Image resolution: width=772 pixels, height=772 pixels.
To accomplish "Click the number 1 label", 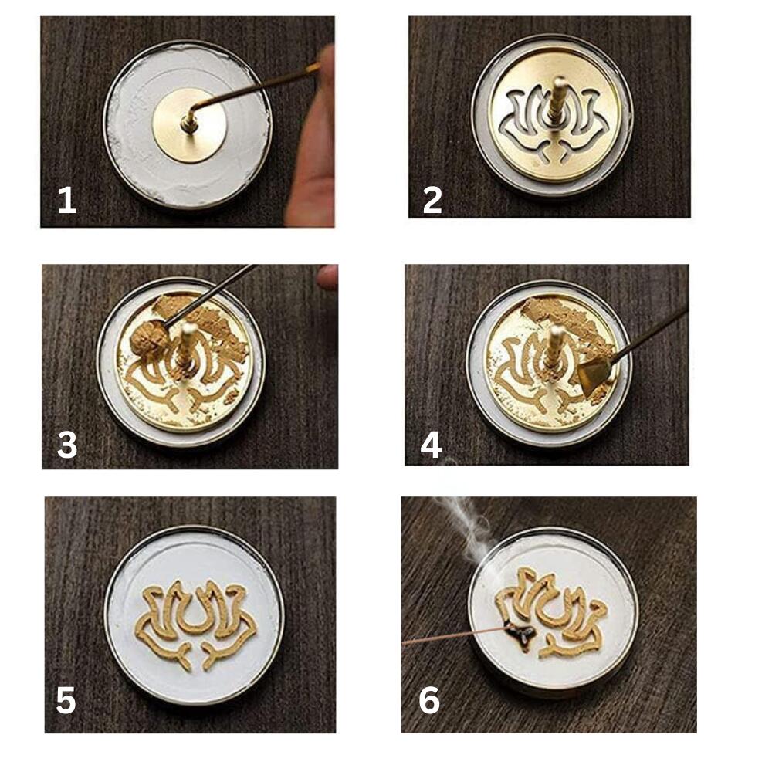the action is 67,201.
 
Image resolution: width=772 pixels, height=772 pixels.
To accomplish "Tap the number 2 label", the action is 432,201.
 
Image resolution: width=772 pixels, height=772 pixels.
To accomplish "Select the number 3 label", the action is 67,445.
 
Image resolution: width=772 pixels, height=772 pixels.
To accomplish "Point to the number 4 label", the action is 431,445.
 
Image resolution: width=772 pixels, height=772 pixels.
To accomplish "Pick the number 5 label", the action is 66,701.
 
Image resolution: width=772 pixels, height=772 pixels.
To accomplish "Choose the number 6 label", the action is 428,701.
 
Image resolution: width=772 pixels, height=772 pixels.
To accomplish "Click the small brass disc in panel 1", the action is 189,126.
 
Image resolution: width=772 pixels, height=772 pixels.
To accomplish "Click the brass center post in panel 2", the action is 558,100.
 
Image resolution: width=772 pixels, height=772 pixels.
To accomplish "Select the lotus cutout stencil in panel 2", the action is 552,123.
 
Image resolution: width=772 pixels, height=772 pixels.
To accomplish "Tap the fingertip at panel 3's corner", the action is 328,276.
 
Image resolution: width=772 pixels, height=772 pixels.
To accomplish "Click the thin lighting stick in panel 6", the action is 454,637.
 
